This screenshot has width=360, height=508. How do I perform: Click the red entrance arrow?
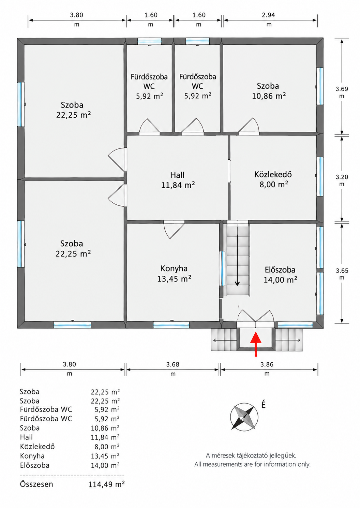(x=256, y=344)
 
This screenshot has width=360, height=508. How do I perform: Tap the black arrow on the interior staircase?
(x=237, y=260)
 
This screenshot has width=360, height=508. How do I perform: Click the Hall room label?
(x=177, y=175)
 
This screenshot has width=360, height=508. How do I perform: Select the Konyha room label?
(x=174, y=268)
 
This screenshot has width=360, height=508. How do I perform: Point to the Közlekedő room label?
(x=273, y=174)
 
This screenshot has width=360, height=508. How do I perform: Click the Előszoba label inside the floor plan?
(x=280, y=270)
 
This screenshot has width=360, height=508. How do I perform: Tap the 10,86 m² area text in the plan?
(x=269, y=96)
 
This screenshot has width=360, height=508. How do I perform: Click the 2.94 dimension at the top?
(x=269, y=15)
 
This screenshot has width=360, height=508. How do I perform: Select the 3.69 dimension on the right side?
(x=342, y=89)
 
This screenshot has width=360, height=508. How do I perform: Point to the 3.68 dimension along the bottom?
(x=172, y=364)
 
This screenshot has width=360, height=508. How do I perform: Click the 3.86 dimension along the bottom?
(x=267, y=364)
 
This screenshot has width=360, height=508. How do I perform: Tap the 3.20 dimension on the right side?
(x=342, y=177)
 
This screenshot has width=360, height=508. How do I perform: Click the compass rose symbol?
(x=244, y=417)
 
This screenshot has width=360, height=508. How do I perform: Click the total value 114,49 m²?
(x=106, y=484)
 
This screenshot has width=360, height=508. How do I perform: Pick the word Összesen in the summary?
(x=36, y=484)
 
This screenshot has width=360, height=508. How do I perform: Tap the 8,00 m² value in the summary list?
(x=107, y=447)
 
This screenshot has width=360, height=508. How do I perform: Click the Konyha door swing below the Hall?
(x=174, y=230)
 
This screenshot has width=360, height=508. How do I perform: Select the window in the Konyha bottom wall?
(x=171, y=325)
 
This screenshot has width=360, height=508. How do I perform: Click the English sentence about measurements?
(x=252, y=464)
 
